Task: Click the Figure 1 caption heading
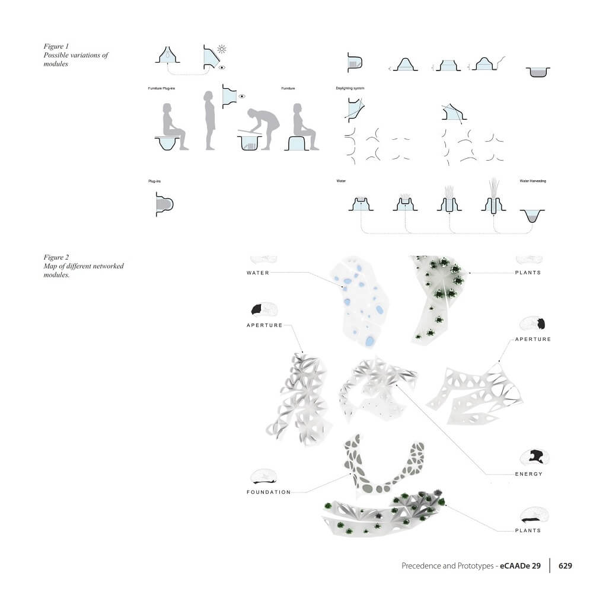pos(56,46)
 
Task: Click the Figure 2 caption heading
pos(56,257)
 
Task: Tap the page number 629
pos(565,566)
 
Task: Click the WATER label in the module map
pos(258,273)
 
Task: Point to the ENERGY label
pos(528,474)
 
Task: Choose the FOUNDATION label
pos(269,492)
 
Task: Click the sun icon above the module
pos(222,49)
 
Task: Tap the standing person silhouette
pos(209,120)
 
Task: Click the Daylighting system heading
pos(350,88)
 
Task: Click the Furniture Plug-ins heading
pos(162,88)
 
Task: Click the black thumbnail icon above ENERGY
pos(534,456)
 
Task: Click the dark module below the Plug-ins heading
pos(164,205)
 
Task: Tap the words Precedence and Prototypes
pos(447,566)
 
